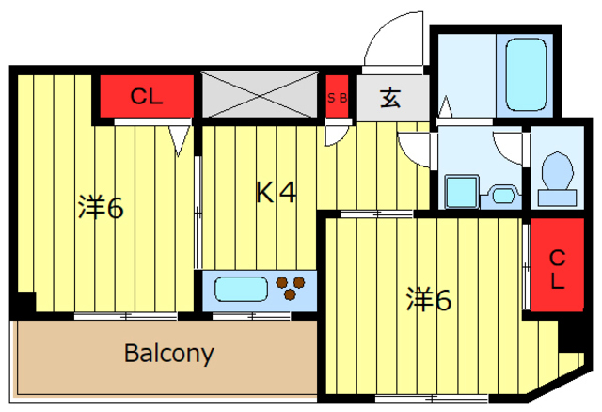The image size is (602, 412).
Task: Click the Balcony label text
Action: [x=169, y=355]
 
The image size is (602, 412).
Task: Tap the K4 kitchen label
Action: [x=277, y=193]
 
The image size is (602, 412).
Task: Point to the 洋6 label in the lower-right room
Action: [x=429, y=300]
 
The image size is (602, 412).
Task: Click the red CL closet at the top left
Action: [x=148, y=95]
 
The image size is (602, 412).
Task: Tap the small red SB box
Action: [x=338, y=97]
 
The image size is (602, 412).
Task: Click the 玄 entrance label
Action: [x=391, y=97]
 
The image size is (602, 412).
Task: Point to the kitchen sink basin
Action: [x=241, y=288]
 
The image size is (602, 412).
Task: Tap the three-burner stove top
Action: [x=293, y=288]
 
